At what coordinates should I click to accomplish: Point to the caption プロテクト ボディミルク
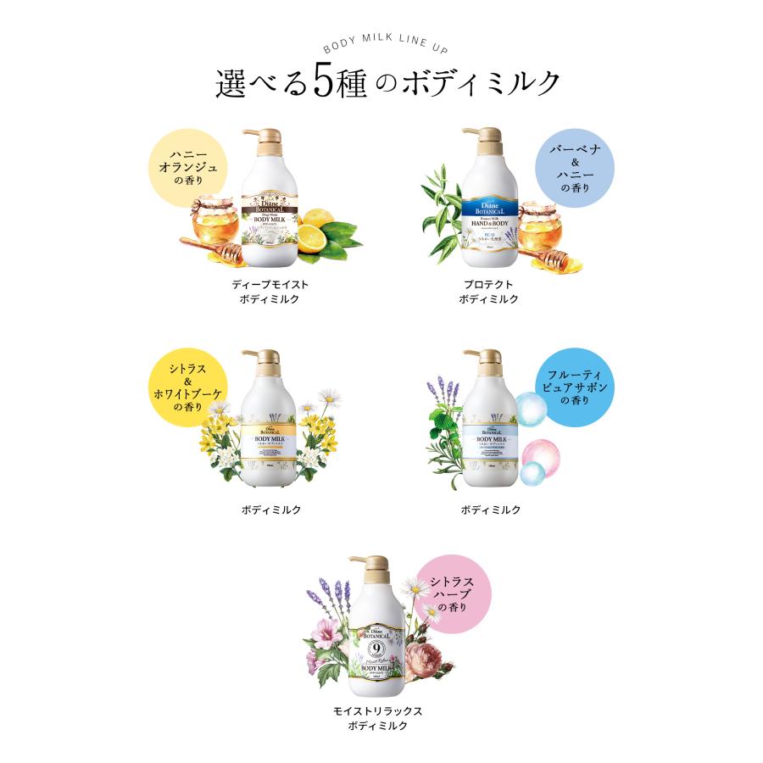point(489,292)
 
